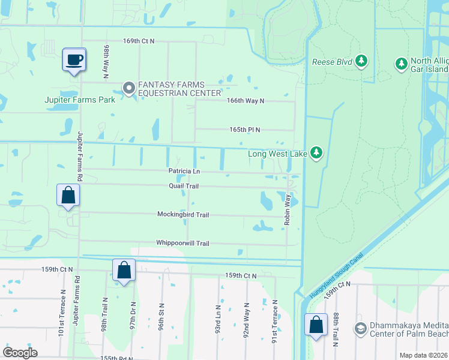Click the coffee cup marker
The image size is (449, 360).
click(74, 60)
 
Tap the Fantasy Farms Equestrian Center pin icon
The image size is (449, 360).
click(128, 89)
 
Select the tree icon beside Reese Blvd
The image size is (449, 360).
click(361, 62)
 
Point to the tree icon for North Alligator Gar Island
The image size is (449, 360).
click(400, 62)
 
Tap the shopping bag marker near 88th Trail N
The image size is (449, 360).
click(316, 325)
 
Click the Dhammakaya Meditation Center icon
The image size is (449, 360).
click(360, 328)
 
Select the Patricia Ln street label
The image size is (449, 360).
click(184, 171)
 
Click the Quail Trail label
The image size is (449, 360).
click(184, 186)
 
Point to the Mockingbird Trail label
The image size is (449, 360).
click(183, 214)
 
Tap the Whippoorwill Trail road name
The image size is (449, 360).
click(182, 243)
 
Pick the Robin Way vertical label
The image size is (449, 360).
click(288, 209)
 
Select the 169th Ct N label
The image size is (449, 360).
click(139, 41)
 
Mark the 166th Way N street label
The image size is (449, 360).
click(245, 101)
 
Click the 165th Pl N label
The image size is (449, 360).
click(244, 130)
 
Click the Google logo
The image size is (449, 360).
click(20, 352)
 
